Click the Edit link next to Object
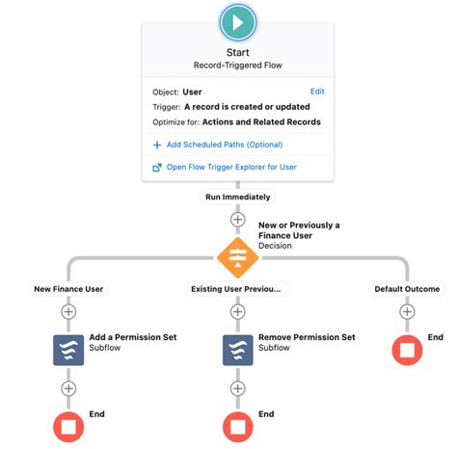pyautogui.click(x=317, y=92)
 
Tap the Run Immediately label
pyautogui.click(x=237, y=197)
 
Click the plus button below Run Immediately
pyautogui.click(x=237, y=220)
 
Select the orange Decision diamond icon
pyautogui.click(x=237, y=258)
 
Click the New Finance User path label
pyautogui.click(x=67, y=288)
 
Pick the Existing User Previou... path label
pyautogui.click(x=237, y=288)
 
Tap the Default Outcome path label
pyautogui.click(x=407, y=288)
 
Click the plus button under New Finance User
pyautogui.click(x=67, y=311)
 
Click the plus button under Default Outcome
pyautogui.click(x=407, y=311)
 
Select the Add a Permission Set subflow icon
pyautogui.click(x=67, y=349)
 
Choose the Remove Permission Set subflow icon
pyautogui.click(x=237, y=349)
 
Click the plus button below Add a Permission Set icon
pyautogui.click(x=67, y=388)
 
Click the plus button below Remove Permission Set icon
pyautogui.click(x=237, y=388)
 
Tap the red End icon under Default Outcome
pyautogui.click(x=407, y=349)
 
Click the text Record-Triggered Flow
pyautogui.click(x=237, y=66)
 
